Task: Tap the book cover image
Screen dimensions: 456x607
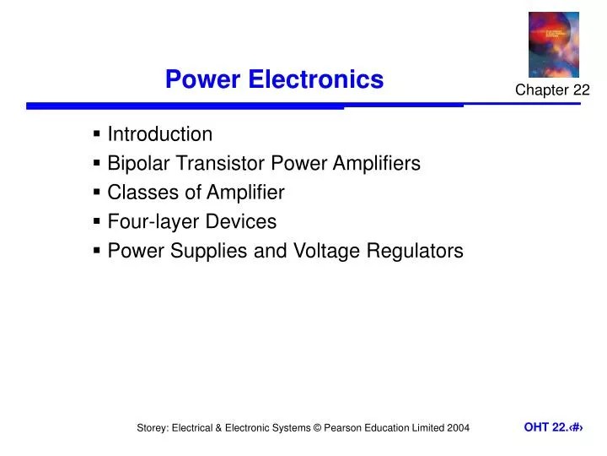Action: point(553,44)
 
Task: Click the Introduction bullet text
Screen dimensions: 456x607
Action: point(160,134)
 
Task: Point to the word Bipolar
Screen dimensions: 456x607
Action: point(136,164)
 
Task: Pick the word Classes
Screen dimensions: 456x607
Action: point(138,193)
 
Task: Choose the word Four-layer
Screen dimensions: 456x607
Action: point(148,222)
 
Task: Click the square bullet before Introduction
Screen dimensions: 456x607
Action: point(98,134)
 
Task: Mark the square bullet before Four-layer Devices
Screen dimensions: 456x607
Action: point(98,222)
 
